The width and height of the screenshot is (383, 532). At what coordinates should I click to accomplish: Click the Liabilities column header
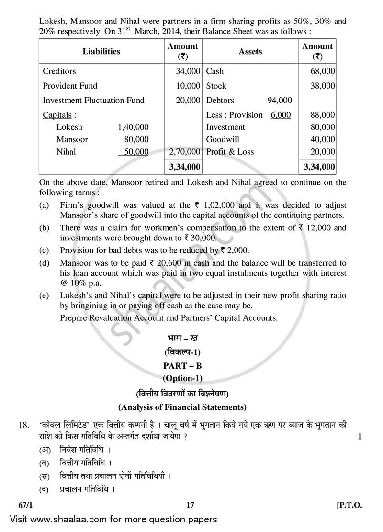[101, 51]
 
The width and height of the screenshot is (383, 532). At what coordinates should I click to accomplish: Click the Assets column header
[250, 51]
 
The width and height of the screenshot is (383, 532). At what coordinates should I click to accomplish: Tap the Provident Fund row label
[70, 86]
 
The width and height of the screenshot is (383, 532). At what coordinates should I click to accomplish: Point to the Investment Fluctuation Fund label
[93, 100]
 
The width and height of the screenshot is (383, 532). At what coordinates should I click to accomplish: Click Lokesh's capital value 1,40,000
[133, 127]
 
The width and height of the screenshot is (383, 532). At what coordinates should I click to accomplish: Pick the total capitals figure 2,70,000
[184, 152]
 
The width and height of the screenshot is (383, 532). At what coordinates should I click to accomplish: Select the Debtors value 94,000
[280, 100]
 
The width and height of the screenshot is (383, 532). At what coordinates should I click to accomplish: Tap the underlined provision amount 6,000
[281, 115]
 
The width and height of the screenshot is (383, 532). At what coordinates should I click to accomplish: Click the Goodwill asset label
[223, 139]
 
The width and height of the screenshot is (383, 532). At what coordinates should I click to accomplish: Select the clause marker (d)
[45, 263]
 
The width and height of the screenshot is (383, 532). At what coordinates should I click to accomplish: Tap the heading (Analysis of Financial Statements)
[182, 407]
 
